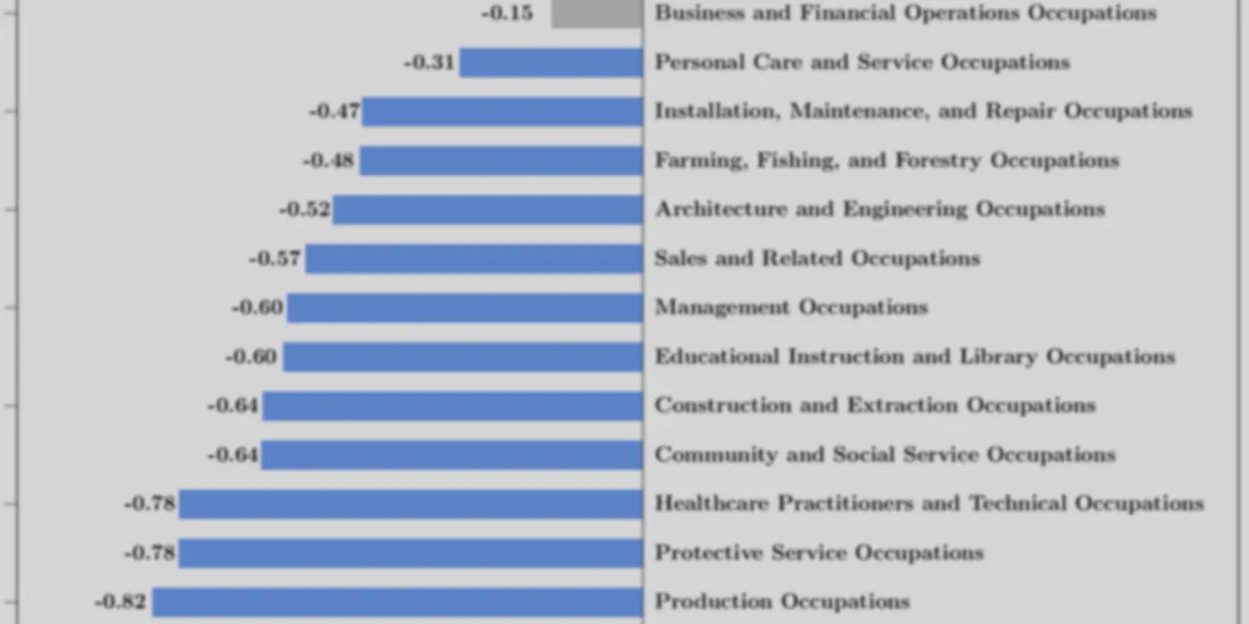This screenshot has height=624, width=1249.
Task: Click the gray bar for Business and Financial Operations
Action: click(x=597, y=14)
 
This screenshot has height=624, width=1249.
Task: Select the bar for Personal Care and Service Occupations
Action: click(x=551, y=62)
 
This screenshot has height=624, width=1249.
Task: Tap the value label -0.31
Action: click(x=429, y=62)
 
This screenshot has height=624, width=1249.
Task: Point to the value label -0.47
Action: click(x=335, y=111)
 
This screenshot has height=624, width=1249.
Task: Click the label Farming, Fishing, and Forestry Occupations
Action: click(x=887, y=160)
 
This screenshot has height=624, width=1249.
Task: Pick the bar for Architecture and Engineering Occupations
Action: click(x=488, y=209)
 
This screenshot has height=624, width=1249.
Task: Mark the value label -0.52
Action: click(x=304, y=209)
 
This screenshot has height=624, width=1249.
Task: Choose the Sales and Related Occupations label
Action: click(x=817, y=259)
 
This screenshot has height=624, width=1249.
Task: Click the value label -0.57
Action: click(x=275, y=259)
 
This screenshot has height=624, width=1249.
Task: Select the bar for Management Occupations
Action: click(x=465, y=308)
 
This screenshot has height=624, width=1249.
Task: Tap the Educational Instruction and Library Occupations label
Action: click(x=915, y=357)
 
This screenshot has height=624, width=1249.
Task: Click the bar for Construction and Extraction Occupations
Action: click(x=453, y=406)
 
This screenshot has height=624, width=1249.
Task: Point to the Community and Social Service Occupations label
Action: click(x=885, y=455)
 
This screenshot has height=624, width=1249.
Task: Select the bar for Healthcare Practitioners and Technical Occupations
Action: click(x=411, y=504)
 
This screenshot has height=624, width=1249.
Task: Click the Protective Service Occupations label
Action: click(x=819, y=553)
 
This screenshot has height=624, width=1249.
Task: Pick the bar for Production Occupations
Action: click(x=398, y=602)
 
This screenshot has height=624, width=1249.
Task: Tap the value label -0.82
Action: click(x=120, y=602)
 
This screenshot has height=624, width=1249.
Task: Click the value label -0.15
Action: click(x=508, y=12)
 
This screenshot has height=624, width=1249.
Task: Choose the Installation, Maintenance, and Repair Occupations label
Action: click(x=923, y=111)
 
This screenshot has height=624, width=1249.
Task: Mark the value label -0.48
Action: click(x=328, y=160)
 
